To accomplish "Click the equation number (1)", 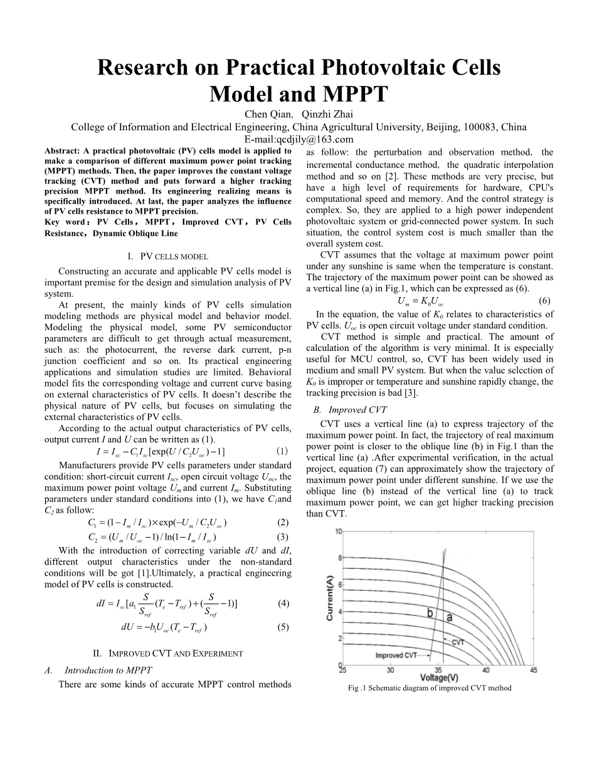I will pos(282,451).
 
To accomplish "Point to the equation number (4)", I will pos(283,603).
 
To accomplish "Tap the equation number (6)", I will pos(544,300).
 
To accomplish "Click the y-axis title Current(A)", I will pos(330,597).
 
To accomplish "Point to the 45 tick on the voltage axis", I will pos(534,670).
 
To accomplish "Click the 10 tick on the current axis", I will pos(338,531).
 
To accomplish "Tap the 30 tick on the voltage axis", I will pos(390,670).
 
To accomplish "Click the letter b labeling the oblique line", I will pos(431,613).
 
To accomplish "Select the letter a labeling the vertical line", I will pos(450,617).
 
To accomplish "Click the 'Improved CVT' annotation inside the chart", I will pos(396,655).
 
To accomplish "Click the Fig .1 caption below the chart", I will pos(430,688).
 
